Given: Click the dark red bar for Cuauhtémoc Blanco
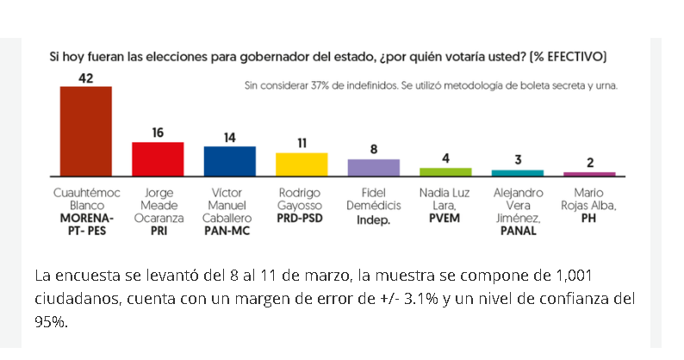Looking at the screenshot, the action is (86, 132).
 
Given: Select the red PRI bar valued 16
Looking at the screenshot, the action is (158, 159).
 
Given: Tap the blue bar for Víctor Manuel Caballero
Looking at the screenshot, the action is (230, 161).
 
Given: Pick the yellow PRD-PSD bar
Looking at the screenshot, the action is (302, 164).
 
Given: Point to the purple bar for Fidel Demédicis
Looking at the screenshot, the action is (374, 168).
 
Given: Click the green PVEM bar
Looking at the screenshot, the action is (446, 172).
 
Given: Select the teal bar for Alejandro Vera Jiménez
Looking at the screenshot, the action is (518, 173).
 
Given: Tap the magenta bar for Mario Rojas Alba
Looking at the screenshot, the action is (590, 174).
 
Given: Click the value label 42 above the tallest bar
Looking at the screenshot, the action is (86, 78).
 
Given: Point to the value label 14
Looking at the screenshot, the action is (230, 138).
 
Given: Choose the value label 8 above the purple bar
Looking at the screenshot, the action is (374, 150).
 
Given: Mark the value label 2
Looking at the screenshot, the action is (590, 163).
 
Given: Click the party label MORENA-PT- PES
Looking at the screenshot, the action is (87, 224).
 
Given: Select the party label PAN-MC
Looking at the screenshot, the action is (227, 231).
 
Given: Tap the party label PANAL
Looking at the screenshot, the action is (519, 231).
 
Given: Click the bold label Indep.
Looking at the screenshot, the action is (373, 220).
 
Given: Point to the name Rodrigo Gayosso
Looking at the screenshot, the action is (300, 199).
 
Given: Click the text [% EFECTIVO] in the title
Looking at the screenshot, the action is (568, 57).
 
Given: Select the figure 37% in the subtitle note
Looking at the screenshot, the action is (320, 85).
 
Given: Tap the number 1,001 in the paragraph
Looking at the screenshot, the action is (574, 276).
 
